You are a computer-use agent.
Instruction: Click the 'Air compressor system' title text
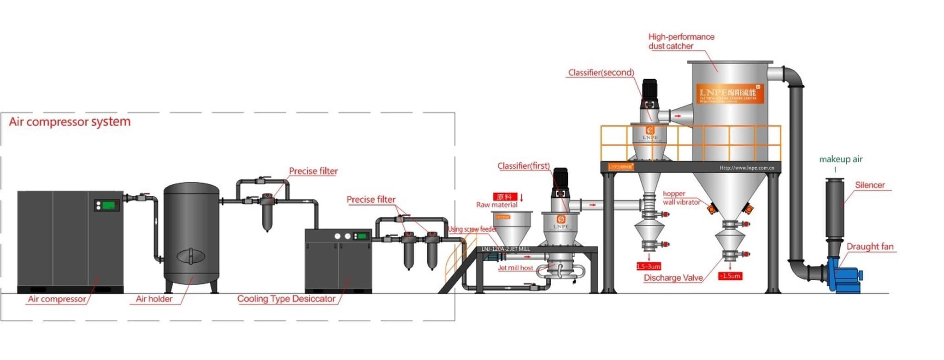click(70, 122)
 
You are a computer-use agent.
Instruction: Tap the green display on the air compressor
click(108, 205)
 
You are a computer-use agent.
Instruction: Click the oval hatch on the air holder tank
click(190, 256)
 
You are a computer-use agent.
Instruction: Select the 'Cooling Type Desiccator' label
click(286, 299)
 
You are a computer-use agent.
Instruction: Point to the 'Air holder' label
click(154, 299)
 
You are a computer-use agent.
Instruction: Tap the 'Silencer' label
click(870, 185)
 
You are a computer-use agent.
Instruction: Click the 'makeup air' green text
click(840, 159)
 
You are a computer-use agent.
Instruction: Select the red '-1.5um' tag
click(730, 276)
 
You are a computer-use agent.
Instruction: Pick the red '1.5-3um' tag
click(649, 266)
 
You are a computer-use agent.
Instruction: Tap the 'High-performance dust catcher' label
click(680, 41)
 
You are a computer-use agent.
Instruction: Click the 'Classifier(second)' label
click(601, 73)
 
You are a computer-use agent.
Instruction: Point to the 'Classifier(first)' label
click(523, 166)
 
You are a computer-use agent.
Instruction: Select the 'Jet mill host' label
click(515, 268)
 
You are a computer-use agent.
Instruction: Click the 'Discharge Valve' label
click(673, 278)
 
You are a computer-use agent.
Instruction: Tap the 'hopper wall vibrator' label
click(681, 198)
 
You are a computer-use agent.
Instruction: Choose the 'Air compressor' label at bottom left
click(57, 299)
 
